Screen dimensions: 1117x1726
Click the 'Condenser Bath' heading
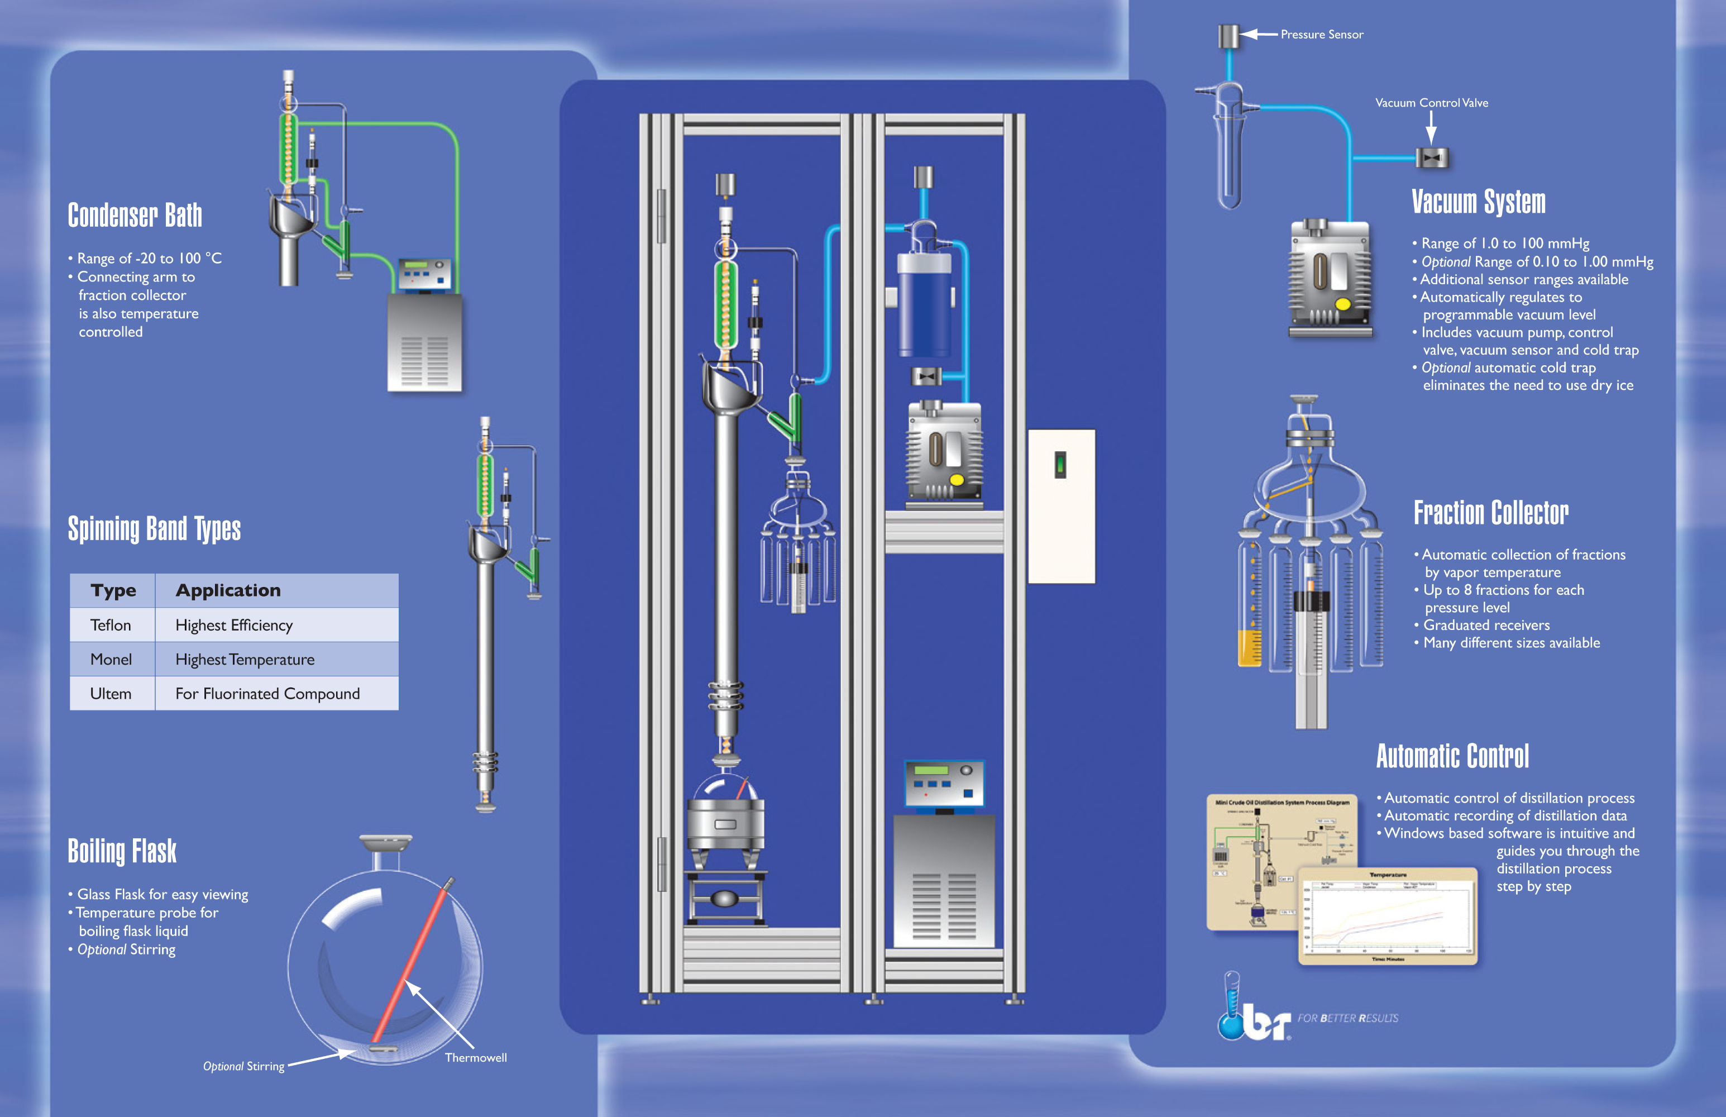pyautogui.click(x=135, y=216)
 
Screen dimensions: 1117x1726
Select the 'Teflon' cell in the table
pyautogui.click(x=111, y=625)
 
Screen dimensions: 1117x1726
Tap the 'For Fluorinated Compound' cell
pyautogui.click(x=267, y=694)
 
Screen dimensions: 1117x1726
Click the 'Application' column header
pyautogui.click(x=228, y=590)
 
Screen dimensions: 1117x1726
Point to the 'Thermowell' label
pyautogui.click(x=476, y=1058)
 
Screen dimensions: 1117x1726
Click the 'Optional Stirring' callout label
pyautogui.click(x=243, y=1066)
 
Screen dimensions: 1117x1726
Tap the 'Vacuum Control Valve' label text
pyautogui.click(x=1431, y=103)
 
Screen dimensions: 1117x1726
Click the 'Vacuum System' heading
pyautogui.click(x=1478, y=202)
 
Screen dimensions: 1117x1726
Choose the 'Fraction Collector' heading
pyautogui.click(x=1490, y=513)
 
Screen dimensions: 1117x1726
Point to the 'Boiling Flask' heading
pyautogui.click(x=122, y=851)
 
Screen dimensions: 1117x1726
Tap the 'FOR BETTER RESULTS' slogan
pyautogui.click(x=1347, y=1018)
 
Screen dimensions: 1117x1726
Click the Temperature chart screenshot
pyautogui.click(x=1387, y=916)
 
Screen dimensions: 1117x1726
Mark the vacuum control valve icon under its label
pyautogui.click(x=1432, y=157)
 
